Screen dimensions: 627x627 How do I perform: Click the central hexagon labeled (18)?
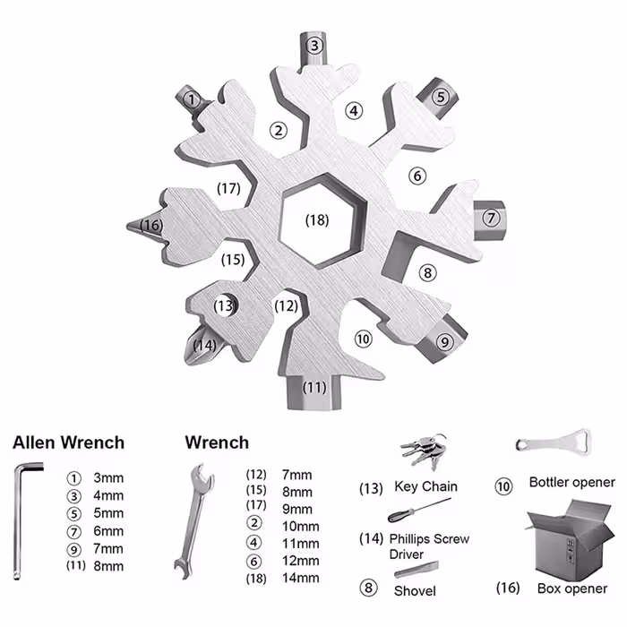click(x=316, y=218)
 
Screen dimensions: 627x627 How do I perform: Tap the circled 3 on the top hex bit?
click(x=313, y=46)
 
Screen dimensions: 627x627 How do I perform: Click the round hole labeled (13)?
click(x=226, y=305)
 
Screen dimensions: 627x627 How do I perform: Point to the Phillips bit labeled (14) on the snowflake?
click(x=202, y=345)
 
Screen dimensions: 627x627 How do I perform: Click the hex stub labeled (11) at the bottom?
click(x=313, y=388)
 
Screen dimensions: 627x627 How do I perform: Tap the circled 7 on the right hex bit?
click(x=490, y=218)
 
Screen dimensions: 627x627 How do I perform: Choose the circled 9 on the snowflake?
click(x=445, y=340)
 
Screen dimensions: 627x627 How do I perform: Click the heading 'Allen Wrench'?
click(x=68, y=442)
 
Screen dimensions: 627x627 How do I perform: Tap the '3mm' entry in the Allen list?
click(x=107, y=478)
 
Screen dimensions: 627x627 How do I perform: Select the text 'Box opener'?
click(x=571, y=588)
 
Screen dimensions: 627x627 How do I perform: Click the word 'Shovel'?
click(x=415, y=590)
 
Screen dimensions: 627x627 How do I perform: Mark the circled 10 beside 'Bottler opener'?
click(x=503, y=486)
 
